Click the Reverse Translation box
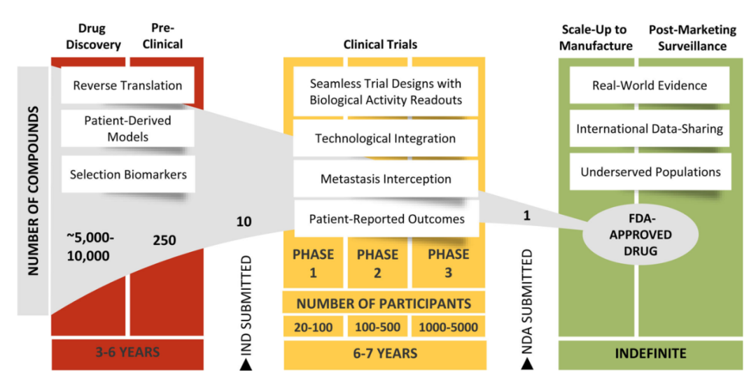(127, 86)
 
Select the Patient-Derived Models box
(127, 128)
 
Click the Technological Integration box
(385, 138)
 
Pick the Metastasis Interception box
(385, 178)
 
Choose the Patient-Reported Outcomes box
(386, 219)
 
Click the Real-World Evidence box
(650, 86)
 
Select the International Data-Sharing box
(650, 129)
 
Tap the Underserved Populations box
(650, 172)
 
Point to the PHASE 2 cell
(377, 263)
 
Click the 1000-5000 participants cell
(449, 327)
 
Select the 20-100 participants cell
(313, 327)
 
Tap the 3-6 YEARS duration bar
(127, 353)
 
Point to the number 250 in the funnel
(164, 241)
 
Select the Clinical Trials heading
(380, 45)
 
